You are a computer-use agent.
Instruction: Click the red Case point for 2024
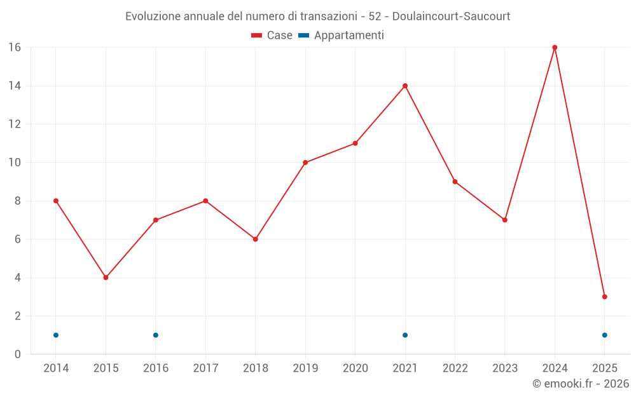click(555, 48)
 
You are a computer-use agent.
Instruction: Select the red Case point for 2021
click(405, 86)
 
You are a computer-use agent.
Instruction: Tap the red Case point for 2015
click(106, 278)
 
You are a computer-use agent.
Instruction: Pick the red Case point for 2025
click(604, 297)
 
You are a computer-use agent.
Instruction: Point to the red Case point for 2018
click(255, 239)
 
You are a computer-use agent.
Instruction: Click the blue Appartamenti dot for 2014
click(56, 335)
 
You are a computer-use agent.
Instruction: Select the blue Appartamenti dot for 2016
click(156, 335)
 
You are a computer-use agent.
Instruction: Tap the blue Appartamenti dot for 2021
click(405, 335)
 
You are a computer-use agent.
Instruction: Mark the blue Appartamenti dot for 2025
click(604, 335)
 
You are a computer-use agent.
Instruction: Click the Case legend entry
click(272, 36)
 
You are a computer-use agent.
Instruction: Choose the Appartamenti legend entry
click(342, 36)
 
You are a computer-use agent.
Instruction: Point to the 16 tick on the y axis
click(14, 48)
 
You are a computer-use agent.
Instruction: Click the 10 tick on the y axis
click(14, 163)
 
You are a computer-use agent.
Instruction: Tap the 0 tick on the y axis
click(18, 354)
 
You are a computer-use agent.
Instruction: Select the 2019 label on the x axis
click(305, 368)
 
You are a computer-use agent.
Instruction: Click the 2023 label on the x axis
click(505, 368)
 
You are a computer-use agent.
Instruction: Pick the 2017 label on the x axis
click(205, 368)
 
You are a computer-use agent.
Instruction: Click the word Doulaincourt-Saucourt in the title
click(450, 16)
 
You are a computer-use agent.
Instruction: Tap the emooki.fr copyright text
click(581, 384)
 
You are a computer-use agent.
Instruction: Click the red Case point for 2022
click(455, 182)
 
